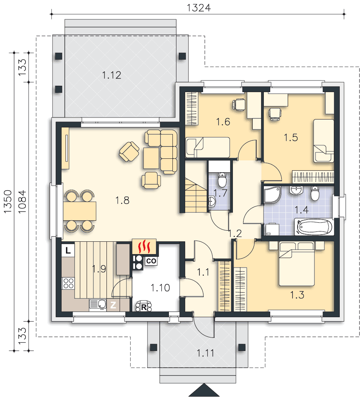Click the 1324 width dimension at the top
[199, 8]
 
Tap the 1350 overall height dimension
[8, 201]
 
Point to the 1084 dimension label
[22, 201]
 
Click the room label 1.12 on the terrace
[112, 75]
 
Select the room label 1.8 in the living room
[122, 200]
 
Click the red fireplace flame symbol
[144, 247]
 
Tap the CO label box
[151, 261]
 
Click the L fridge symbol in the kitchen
[68, 250]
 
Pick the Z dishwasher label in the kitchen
[113, 305]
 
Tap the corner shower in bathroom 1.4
[273, 195]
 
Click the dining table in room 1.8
[79, 211]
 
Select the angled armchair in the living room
[129, 151]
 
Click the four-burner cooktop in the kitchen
[68, 283]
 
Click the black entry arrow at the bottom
[204, 390]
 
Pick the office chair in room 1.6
[239, 104]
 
